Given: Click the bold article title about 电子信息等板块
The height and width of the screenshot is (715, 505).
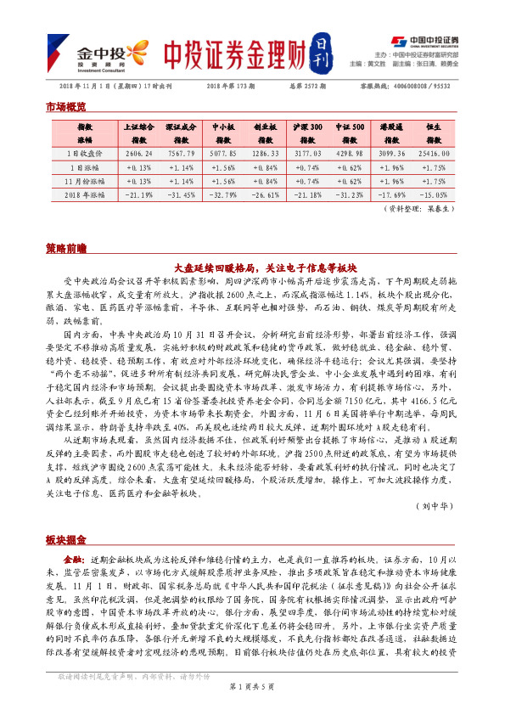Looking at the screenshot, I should click(x=251, y=265).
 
